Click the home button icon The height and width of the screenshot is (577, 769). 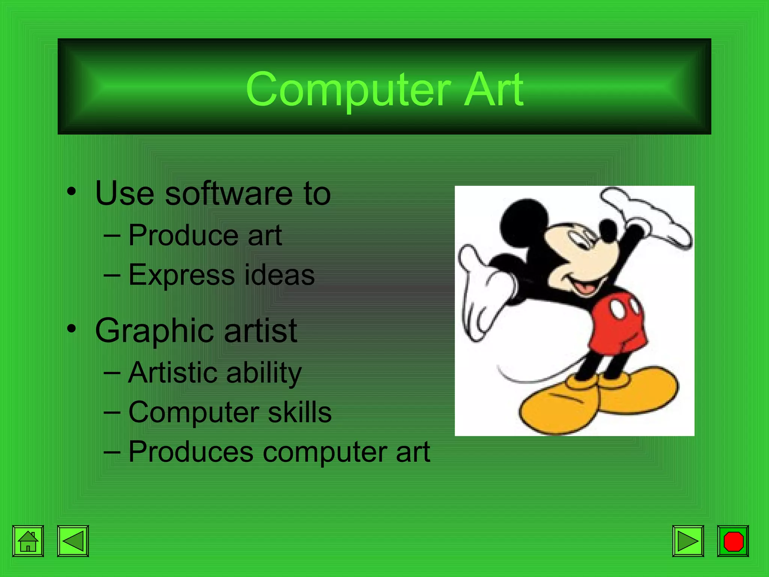point(28,541)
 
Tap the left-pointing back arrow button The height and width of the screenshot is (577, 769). point(73,541)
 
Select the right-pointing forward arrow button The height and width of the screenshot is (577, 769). point(688,541)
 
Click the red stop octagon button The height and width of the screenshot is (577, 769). point(733,541)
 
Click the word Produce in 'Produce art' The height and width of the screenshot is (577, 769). point(183,236)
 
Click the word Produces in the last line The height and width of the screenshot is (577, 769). point(191,452)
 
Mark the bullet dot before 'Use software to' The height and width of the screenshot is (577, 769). point(71,192)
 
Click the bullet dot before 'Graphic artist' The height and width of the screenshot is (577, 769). point(71,329)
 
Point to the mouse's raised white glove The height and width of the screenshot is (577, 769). point(650,216)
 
